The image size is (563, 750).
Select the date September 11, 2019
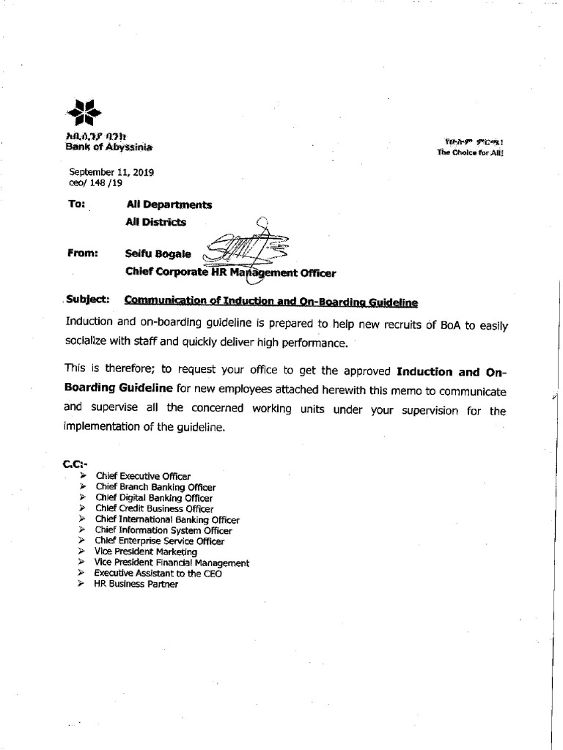coord(111,173)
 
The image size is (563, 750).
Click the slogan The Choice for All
coord(470,152)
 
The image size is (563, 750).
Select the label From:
coord(83,253)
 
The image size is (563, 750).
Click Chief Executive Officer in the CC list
coord(143,476)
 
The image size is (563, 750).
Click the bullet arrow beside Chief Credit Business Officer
coord(83,508)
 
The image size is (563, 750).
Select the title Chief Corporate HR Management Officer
coord(230,273)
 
